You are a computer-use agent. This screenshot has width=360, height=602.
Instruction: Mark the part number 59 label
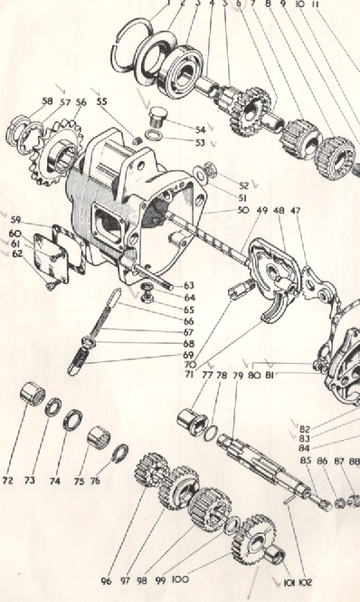(x=15, y=220)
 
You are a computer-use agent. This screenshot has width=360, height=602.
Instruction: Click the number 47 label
(x=296, y=210)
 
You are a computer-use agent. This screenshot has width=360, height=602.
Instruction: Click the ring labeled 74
(x=71, y=420)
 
